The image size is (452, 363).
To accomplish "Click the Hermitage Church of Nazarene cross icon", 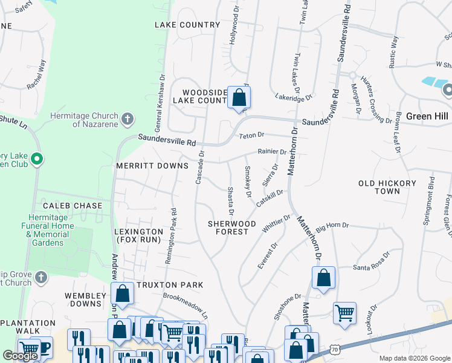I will click(127, 119).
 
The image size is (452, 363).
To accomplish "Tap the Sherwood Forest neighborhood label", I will click(228, 227).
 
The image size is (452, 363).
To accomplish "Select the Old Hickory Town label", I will click(387, 187).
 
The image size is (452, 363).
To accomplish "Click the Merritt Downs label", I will click(143, 166).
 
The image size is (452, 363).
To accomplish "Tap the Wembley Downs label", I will click(85, 300).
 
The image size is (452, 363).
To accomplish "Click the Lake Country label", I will click(187, 25).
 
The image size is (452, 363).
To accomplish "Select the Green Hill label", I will click(427, 116).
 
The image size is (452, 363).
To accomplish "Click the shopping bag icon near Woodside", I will click(239, 97).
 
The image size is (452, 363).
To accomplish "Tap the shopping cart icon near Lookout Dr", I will click(344, 313).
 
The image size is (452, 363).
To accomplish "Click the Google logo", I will click(21, 356).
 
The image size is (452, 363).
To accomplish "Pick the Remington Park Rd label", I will click(171, 237).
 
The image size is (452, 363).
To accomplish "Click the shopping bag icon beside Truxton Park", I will click(123, 294).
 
